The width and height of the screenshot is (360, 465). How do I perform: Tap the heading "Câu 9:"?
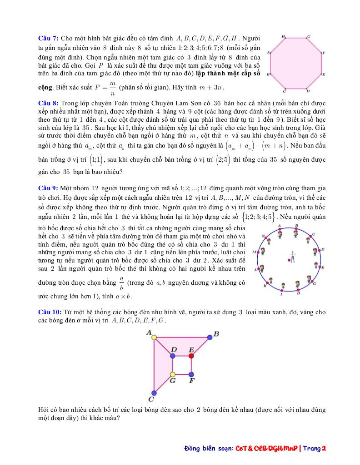coord(48,188)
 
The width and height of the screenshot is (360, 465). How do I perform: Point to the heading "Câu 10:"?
coord(50,312)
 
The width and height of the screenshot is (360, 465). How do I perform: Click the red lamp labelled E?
coord(191,356)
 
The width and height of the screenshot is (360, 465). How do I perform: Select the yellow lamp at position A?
coord(154,337)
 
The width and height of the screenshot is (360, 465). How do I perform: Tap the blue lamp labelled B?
coord(210,337)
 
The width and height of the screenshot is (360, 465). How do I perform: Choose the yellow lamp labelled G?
coord(173,375)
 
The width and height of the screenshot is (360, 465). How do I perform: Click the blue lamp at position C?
coord(154,393)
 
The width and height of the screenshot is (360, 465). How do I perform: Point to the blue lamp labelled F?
coord(191,375)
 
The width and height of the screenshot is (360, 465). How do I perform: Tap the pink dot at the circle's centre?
coord(289,260)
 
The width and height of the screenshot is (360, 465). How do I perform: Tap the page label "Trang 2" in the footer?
coord(315,449)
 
